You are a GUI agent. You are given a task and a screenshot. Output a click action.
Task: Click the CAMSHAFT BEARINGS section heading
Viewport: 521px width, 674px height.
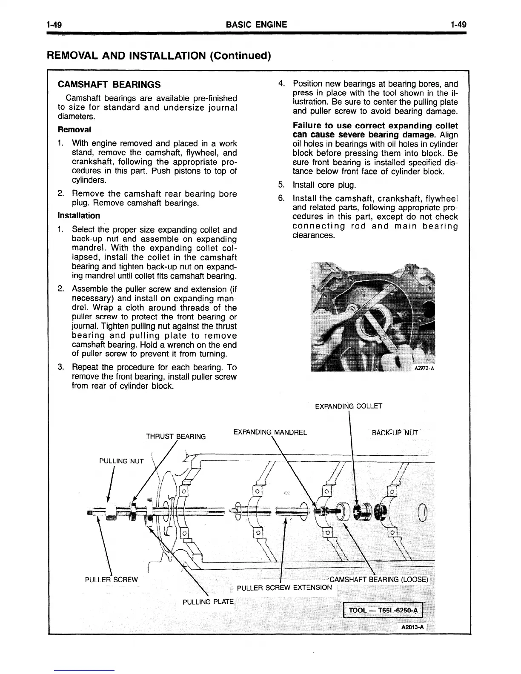(109, 84)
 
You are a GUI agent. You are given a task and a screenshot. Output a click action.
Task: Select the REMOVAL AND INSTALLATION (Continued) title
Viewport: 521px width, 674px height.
(158, 56)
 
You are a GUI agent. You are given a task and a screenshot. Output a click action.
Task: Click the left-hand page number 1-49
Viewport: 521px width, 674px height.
(55, 25)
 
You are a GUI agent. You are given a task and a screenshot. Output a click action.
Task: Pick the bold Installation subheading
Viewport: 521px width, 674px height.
(79, 216)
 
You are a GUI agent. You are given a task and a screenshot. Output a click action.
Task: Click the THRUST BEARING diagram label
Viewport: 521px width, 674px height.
(176, 437)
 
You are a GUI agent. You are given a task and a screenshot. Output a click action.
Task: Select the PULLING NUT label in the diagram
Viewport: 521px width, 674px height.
(121, 461)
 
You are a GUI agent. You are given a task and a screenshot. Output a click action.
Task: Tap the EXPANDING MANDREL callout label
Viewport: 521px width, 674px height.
(270, 433)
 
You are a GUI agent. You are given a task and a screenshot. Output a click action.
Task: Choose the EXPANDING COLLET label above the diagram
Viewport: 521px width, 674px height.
(349, 406)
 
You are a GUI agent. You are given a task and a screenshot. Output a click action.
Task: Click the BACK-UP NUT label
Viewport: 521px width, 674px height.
(395, 434)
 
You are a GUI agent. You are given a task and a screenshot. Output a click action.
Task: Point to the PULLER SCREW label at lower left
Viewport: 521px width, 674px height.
(112, 580)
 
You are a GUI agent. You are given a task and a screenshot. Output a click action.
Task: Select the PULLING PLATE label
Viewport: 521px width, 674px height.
(208, 602)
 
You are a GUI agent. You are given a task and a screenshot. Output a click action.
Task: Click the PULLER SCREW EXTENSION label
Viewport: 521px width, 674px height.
(284, 588)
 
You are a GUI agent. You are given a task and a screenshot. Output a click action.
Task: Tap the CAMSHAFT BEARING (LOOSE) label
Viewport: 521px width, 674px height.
(379, 580)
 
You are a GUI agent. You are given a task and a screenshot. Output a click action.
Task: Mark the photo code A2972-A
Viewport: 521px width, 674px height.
(424, 368)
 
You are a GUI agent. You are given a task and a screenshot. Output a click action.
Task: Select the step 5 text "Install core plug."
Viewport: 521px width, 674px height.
(324, 185)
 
